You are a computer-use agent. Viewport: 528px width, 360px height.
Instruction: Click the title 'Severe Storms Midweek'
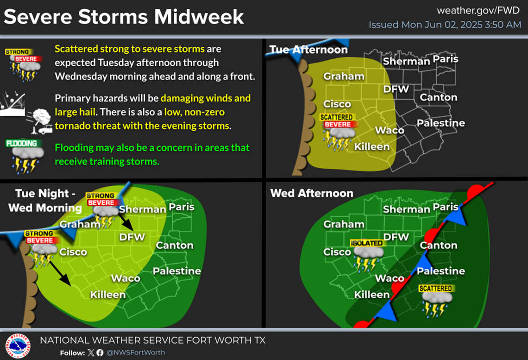click(124, 17)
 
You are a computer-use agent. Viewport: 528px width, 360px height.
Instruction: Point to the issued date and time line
click(445, 25)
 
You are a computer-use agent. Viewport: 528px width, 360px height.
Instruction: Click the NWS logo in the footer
click(18, 346)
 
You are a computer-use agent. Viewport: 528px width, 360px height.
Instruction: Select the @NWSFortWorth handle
click(136, 353)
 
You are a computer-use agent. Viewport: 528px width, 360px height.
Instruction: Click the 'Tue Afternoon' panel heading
click(308, 50)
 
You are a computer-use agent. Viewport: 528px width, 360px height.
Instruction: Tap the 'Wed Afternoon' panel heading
click(312, 193)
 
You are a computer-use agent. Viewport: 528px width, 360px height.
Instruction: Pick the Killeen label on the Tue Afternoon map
click(371, 147)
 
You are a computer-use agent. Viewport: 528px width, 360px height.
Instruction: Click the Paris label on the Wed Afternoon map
click(445, 207)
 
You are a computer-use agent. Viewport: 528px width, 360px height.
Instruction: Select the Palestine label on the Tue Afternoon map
click(440, 123)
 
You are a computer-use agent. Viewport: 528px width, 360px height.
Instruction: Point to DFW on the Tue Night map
click(132, 237)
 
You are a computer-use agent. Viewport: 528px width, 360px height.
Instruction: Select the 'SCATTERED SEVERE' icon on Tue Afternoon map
click(338, 132)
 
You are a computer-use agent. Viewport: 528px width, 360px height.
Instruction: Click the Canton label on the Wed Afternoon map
click(438, 245)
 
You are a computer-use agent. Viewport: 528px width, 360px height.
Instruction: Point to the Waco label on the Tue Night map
click(126, 278)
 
